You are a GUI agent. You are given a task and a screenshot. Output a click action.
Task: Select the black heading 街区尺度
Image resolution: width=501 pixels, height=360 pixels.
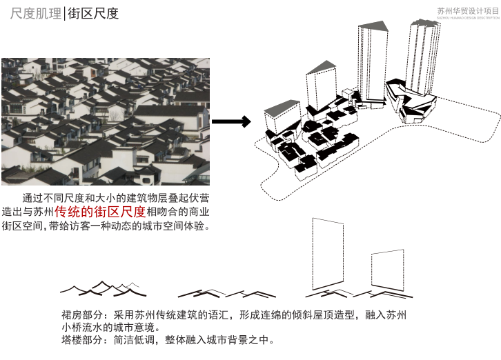[x=93, y=13]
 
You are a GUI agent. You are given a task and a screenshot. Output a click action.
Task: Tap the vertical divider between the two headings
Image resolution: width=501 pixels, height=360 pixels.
[x=63, y=13]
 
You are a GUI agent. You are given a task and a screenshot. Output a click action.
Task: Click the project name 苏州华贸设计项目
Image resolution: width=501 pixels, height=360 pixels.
[x=467, y=10]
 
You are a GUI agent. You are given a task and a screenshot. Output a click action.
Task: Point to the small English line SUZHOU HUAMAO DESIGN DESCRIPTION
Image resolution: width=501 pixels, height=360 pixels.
[x=467, y=19]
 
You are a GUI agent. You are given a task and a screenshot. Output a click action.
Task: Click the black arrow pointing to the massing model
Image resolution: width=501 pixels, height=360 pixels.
[x=230, y=122]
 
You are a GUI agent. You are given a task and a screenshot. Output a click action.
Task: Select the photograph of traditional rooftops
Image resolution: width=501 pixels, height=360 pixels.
[x=106, y=121]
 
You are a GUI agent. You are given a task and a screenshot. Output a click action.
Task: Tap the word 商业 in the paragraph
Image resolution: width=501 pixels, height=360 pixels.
[x=198, y=212]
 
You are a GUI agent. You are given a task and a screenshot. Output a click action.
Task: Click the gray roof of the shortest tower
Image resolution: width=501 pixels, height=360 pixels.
[x=281, y=108]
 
